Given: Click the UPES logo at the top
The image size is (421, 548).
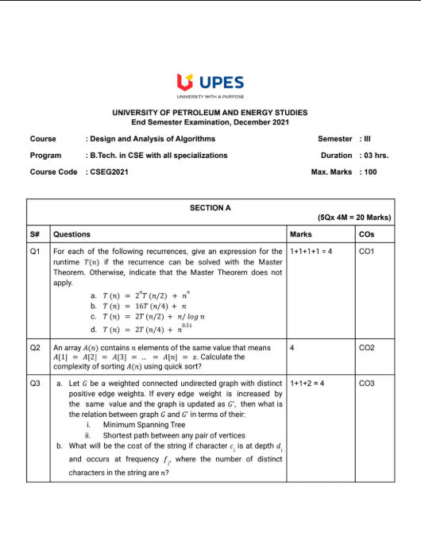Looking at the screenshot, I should pyautogui.click(x=210, y=83).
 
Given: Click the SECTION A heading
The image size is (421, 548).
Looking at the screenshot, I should pyautogui.click(x=210, y=207).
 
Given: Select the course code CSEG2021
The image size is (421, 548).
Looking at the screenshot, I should pyautogui.click(x=107, y=172).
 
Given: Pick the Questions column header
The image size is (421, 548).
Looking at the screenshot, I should pyautogui.click(x=71, y=234).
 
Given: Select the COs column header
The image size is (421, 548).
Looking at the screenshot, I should pyautogui.click(x=366, y=234).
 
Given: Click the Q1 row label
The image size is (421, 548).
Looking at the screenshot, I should pyautogui.click(x=35, y=251).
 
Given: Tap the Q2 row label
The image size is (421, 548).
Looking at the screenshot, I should pyautogui.click(x=35, y=348).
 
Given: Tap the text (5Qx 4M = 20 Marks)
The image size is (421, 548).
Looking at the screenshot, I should pyautogui.click(x=353, y=218).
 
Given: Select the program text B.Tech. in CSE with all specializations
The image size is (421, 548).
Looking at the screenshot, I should pyautogui.click(x=158, y=156).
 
